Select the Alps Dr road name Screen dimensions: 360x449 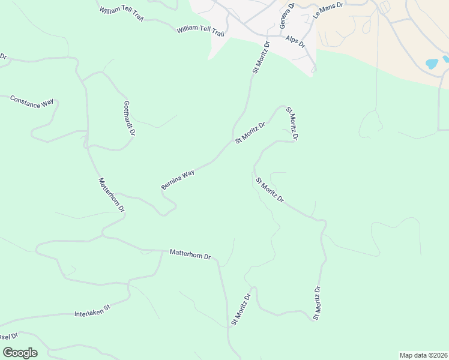[295, 41]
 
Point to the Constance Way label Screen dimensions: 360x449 [32, 101]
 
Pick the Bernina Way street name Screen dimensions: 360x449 [178, 179]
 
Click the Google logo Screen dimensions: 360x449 [20, 353]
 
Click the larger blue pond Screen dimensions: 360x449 [432, 63]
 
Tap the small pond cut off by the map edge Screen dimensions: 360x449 [446, 59]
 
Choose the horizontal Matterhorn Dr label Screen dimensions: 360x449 [190, 254]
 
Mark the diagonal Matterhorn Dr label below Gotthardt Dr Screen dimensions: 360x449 [111, 195]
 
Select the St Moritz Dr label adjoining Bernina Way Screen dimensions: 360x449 [250, 133]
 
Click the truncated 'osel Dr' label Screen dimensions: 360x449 [8, 335]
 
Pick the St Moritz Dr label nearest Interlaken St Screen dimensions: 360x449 [241, 310]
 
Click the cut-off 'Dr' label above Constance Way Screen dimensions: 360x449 [3, 57]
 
